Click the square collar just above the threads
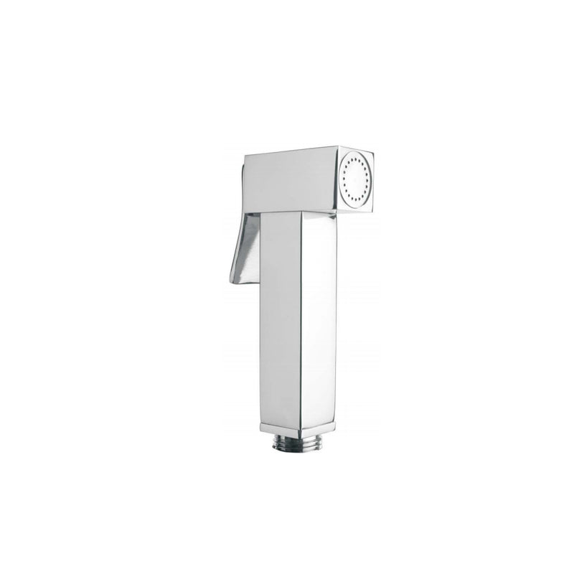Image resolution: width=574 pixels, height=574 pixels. pyautogui.click(x=297, y=428)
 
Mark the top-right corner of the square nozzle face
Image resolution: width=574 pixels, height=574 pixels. pyautogui.click(x=373, y=151)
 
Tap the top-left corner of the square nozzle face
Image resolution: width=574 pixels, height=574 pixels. pyautogui.click(x=338, y=147)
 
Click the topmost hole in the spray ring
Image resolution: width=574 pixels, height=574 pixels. pyautogui.click(x=357, y=157)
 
